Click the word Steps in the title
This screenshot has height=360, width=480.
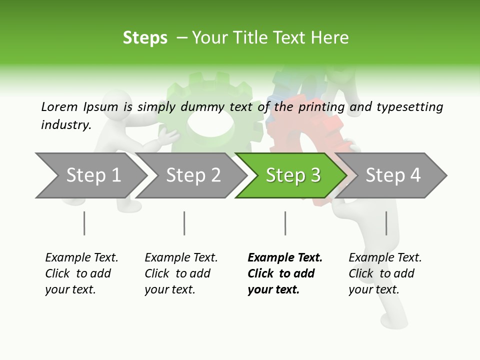point(145,38)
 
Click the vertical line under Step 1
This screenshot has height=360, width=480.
point(84,223)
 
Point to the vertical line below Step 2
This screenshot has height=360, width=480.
point(184,223)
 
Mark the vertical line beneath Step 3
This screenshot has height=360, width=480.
point(285,223)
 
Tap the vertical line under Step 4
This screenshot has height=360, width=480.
point(386,223)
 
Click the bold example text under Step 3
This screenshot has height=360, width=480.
point(284,273)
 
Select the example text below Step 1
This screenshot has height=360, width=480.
point(81,273)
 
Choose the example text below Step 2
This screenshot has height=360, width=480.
point(181,273)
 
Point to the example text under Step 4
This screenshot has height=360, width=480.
point(385,273)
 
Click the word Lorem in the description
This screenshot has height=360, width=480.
point(59,106)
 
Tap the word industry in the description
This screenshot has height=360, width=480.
point(65,124)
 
